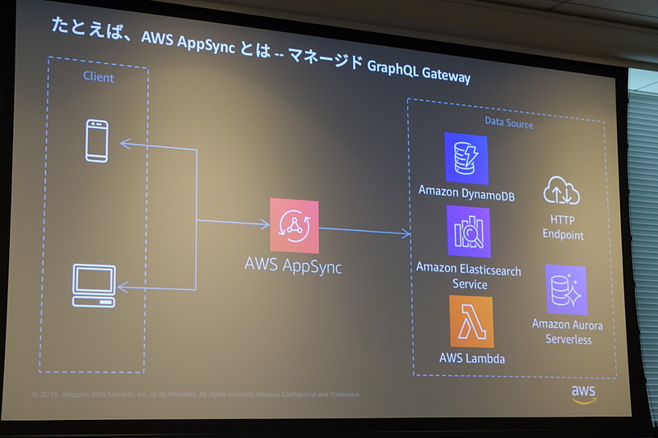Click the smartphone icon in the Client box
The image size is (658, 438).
97,141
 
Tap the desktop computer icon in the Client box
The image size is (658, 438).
94,285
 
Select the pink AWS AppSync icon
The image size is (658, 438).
294,226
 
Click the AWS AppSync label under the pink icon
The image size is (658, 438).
293,266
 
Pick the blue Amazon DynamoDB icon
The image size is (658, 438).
466,158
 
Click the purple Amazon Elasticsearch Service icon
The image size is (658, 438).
468,232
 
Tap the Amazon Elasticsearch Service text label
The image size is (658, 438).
469,276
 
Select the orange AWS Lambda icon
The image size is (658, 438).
471,321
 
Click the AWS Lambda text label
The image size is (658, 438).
472,358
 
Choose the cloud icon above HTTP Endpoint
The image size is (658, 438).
562,191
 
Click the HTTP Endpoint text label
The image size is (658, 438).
563,228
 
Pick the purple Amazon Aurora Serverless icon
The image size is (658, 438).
566,290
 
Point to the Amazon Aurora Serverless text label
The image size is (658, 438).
567,332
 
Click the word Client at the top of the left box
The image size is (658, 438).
99,77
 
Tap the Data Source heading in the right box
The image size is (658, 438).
508,124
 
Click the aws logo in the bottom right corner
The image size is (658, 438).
583,394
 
